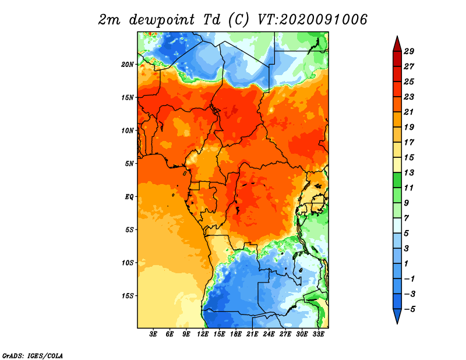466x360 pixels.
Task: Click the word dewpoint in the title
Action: [x=162, y=20]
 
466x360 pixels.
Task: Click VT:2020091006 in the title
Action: [x=312, y=20]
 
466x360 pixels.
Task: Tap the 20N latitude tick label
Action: [x=128, y=65]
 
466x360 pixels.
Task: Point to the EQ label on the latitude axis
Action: [x=129, y=197]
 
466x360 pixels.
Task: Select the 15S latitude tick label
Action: [x=128, y=296]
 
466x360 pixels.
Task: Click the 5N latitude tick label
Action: [x=129, y=164]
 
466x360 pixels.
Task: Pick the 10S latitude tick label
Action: [x=128, y=263]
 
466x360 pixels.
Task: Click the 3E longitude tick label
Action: [x=153, y=334]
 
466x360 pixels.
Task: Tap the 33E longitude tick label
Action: [x=318, y=334]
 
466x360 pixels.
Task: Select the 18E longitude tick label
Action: [x=236, y=334]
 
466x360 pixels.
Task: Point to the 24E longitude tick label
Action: [x=269, y=334]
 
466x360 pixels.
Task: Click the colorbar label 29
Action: [x=409, y=51]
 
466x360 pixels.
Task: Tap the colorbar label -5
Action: [x=409, y=309]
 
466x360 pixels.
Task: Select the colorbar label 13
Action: [x=409, y=172]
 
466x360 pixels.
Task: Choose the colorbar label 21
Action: [x=409, y=112]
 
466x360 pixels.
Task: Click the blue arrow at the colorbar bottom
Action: [x=397, y=316]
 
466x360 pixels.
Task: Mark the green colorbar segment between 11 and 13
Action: [x=397, y=180]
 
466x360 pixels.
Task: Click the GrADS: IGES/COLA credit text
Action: [x=33, y=355]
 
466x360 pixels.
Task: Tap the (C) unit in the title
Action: [x=238, y=20]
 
